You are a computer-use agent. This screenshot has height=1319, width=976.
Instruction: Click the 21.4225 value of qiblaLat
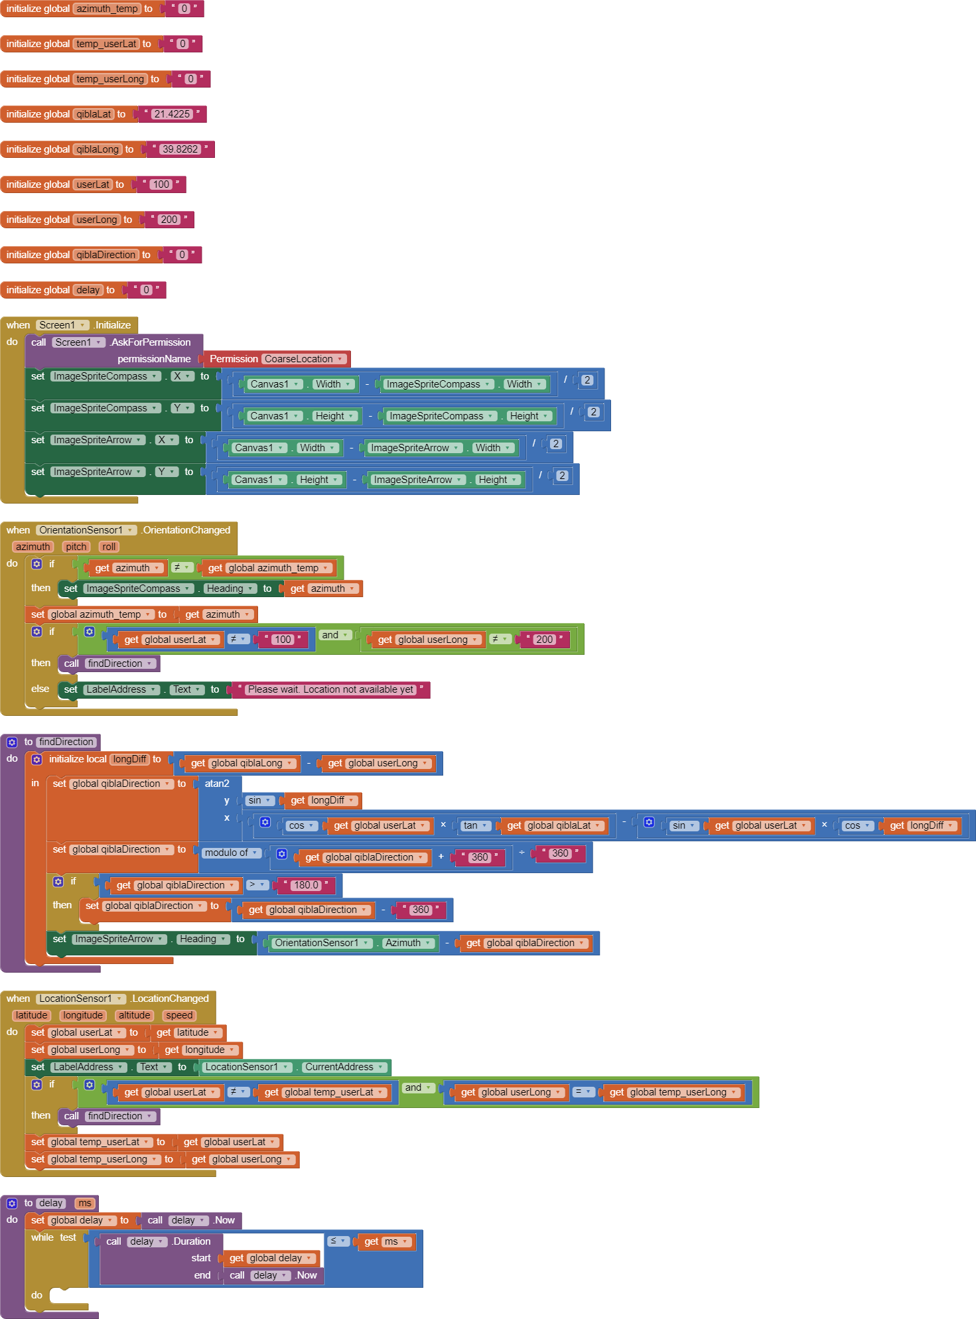pos(172,114)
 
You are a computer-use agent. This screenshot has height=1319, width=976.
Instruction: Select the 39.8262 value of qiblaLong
pos(180,149)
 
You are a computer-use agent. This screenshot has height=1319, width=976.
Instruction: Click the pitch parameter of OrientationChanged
pos(76,547)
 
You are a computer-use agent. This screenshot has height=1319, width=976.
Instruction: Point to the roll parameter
pos(109,547)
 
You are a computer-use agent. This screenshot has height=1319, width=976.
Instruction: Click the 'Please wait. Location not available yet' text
pos(330,689)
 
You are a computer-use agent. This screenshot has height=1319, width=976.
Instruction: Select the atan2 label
pos(217,784)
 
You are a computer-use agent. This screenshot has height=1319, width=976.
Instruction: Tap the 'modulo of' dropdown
pos(231,853)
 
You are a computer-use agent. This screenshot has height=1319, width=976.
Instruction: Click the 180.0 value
pos(306,885)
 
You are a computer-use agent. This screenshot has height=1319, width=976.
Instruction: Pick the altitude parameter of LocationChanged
pos(135,1015)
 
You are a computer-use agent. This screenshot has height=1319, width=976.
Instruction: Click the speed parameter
pos(179,1015)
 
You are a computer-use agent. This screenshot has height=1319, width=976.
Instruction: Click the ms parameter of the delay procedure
pos(85,1203)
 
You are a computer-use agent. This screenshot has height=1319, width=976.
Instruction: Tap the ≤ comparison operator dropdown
pos(338,1241)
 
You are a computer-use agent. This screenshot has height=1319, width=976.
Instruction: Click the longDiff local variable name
pos(130,759)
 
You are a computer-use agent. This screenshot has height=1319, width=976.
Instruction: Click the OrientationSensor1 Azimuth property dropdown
pos(408,943)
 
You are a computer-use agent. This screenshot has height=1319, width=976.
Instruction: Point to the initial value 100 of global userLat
pos(161,184)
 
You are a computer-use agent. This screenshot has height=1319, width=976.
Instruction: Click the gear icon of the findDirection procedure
pos(12,742)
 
